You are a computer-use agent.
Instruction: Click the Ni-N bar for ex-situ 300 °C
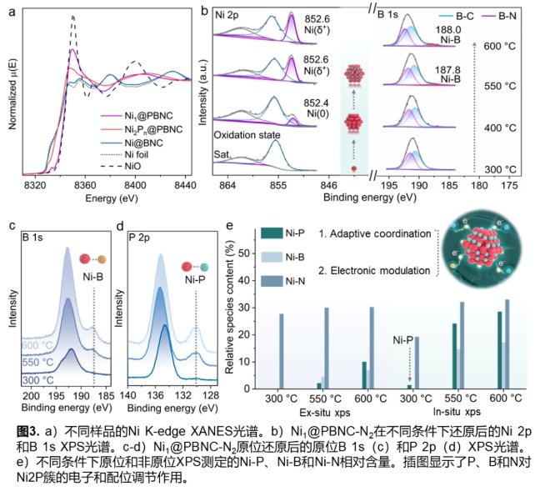281,351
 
